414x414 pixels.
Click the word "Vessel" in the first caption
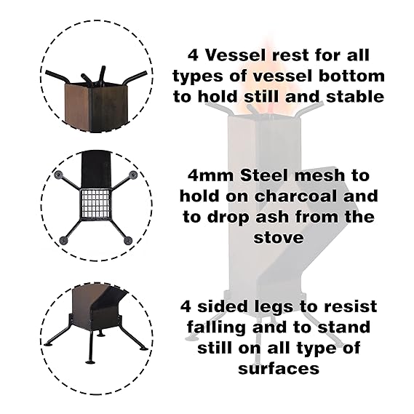228,55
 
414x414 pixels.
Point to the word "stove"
279,238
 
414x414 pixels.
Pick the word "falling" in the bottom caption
217,328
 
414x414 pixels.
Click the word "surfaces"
279,369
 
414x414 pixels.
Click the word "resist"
350,306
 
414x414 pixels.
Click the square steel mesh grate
95,203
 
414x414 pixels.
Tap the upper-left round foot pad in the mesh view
57,175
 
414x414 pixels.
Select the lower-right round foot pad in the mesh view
128,241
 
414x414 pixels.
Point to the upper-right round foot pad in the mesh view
132,175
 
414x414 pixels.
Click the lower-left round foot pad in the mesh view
63,241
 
